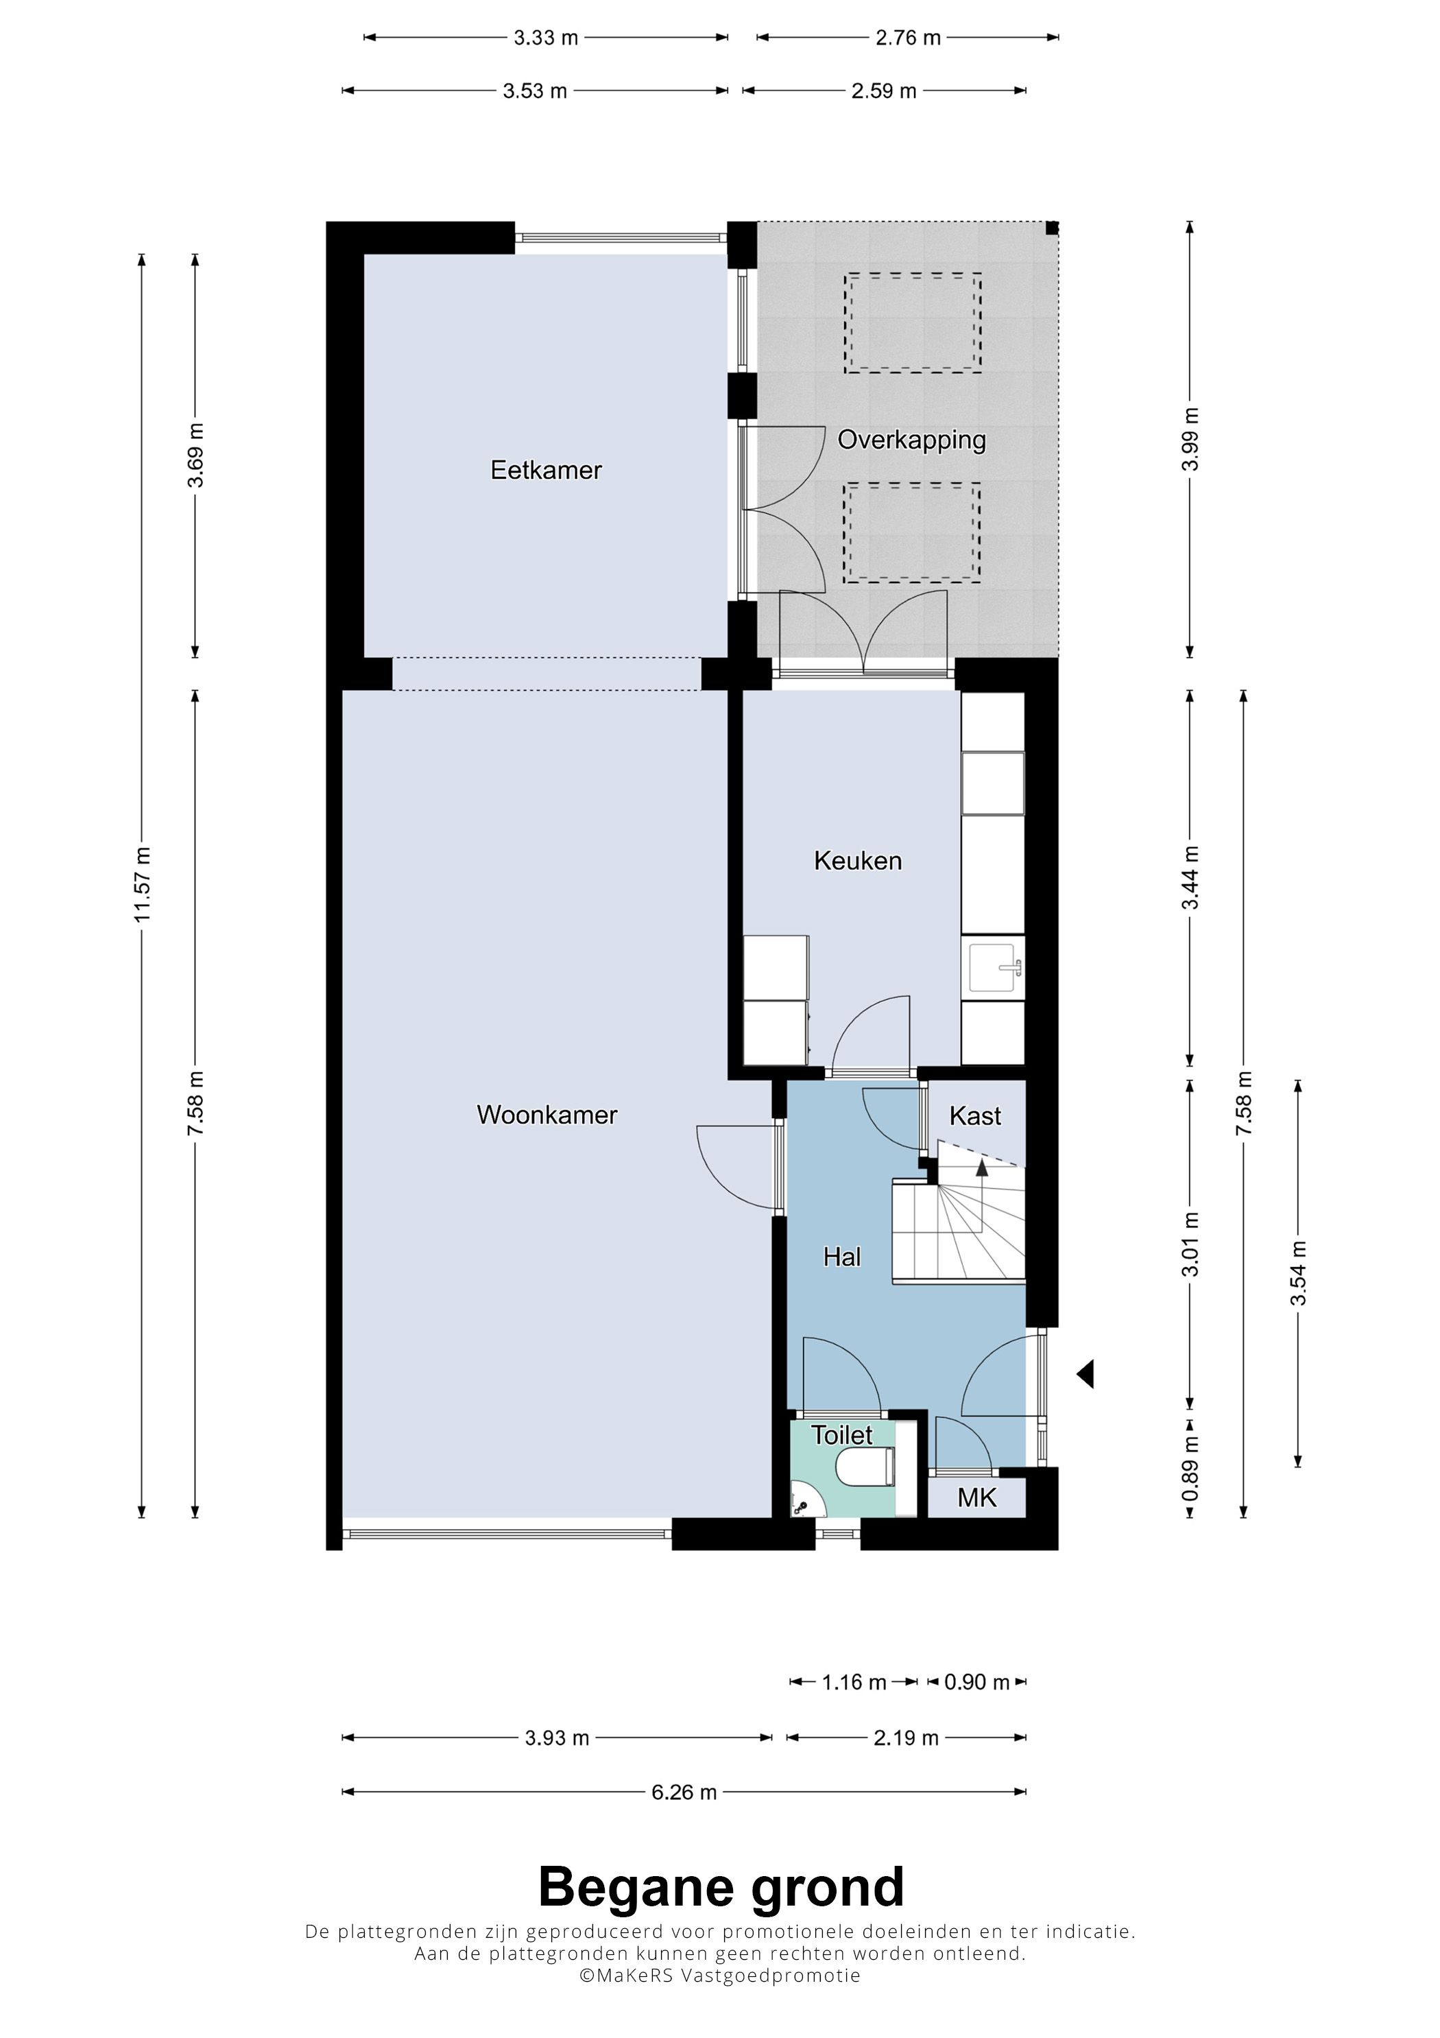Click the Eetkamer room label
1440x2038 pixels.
click(x=546, y=470)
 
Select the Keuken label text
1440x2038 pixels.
click(x=858, y=860)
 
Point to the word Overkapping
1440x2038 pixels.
click(x=912, y=441)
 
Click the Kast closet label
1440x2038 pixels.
click(x=975, y=1116)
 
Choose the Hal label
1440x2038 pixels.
click(x=842, y=1256)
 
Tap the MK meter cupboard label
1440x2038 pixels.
click(x=977, y=1497)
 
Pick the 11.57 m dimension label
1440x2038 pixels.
click(x=142, y=884)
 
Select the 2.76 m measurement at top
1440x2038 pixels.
click(x=908, y=37)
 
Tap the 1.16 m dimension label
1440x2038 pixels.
click(x=854, y=1682)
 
